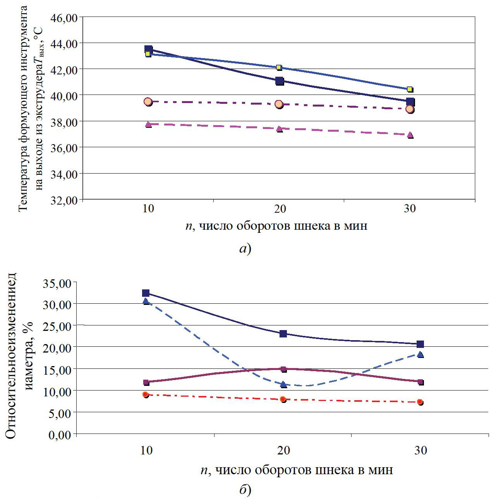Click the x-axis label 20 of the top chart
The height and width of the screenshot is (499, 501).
coord(280,208)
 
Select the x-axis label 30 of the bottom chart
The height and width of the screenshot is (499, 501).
coord(420,450)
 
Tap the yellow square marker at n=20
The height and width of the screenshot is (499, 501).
coord(279,67)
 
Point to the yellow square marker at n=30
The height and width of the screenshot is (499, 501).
coord(410,89)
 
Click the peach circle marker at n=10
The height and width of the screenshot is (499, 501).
coord(148,102)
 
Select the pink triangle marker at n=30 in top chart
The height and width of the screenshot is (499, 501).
coord(410,135)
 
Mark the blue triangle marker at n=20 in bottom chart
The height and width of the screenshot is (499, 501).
coord(283,384)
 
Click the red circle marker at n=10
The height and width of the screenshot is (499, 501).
coord(146,394)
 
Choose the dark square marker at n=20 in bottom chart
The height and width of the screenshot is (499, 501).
coord(283,334)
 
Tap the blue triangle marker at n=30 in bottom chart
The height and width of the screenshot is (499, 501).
coord(420,354)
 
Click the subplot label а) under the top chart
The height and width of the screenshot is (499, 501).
coord(245,248)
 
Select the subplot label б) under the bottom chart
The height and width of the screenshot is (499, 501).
coord(245,490)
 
